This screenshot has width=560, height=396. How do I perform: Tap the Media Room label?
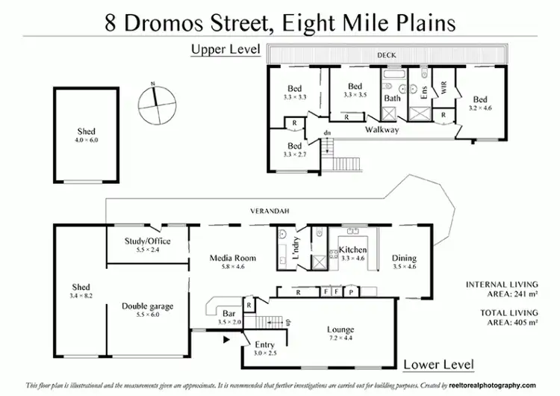(x=232, y=259)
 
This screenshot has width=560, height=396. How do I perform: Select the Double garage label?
(x=148, y=306)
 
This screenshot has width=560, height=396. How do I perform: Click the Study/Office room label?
(x=147, y=241)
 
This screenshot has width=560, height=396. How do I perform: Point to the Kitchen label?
(x=352, y=249)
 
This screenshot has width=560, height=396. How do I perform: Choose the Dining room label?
(x=404, y=259)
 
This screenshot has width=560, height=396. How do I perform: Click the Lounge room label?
(x=340, y=330)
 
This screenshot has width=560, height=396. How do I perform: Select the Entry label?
(x=264, y=344)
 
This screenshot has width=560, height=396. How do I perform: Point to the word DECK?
(x=386, y=55)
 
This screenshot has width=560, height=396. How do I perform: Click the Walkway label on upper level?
(x=382, y=130)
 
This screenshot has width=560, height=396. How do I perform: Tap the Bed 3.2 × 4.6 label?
(x=479, y=100)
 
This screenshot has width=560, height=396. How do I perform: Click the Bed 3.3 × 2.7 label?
(x=295, y=146)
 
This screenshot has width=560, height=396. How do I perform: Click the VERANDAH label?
(x=267, y=211)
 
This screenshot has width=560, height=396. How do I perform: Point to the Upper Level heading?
(x=225, y=50)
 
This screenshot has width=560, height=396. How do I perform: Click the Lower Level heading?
(x=438, y=365)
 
